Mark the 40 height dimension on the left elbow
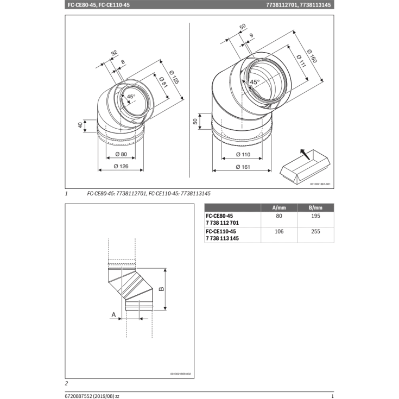click(81, 125)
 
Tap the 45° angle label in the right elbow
click(254, 82)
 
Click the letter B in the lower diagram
click(161, 289)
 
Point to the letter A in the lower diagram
click(113, 314)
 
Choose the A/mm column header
click(280, 208)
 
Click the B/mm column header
click(315, 208)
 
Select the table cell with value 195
click(315, 216)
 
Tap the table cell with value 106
click(280, 231)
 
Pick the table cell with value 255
click(315, 231)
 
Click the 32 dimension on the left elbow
click(113, 53)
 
